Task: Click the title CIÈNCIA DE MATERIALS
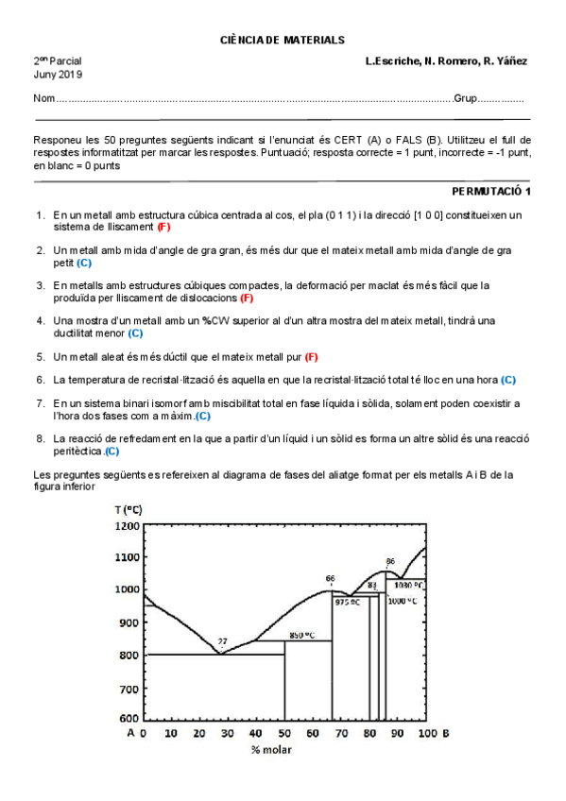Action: [283, 40]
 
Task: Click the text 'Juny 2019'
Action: [58, 74]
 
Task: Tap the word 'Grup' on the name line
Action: [465, 99]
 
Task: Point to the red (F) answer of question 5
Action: [311, 356]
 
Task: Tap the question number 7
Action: [41, 403]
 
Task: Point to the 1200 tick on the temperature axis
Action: [127, 525]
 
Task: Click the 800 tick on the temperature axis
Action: [129, 655]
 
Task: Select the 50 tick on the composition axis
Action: [284, 733]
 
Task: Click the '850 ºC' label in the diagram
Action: [302, 635]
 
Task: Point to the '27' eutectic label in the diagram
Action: [223, 642]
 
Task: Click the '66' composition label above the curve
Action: [330, 579]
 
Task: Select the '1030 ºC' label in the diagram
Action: [408, 585]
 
